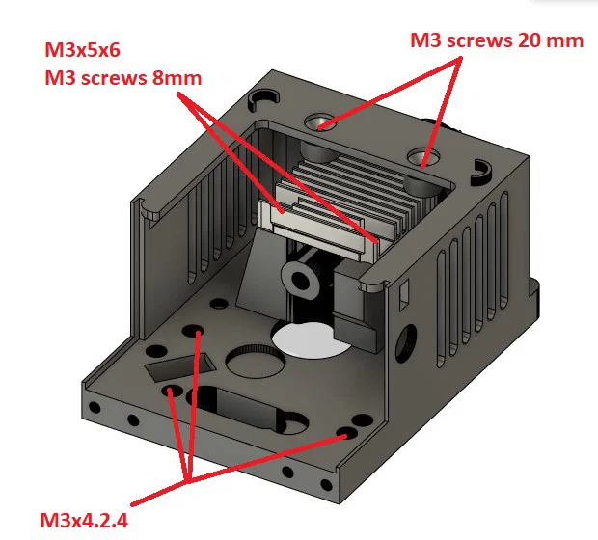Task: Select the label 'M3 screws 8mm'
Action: tap(122, 77)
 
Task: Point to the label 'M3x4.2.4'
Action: tap(85, 521)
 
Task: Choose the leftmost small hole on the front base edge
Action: tap(95, 411)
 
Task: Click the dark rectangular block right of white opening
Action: tap(360, 332)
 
